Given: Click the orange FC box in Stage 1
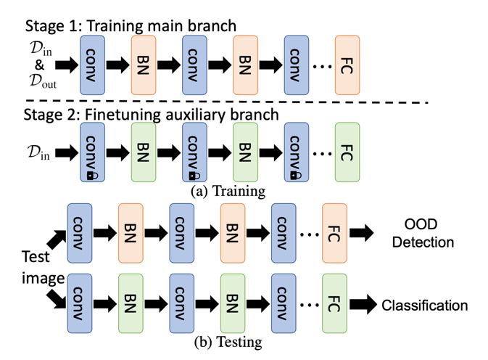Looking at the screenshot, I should (347, 65).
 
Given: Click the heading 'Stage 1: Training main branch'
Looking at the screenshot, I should (131, 26).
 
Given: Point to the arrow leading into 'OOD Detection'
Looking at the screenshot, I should (362, 234).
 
